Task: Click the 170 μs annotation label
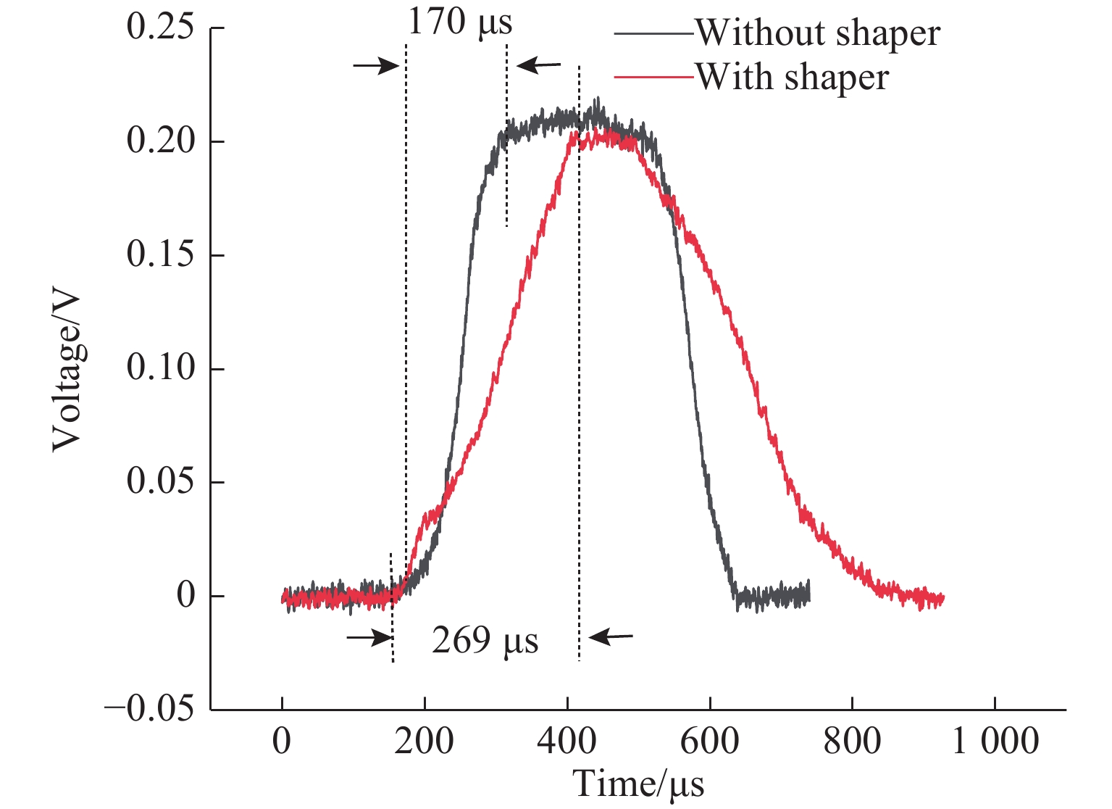point(460,22)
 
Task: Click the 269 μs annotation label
point(485,640)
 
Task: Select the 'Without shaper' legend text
point(818,33)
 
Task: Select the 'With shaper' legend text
point(793,77)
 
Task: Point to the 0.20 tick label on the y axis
point(161,141)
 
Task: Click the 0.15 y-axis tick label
point(161,255)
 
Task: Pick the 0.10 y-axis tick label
point(161,368)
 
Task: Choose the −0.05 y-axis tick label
point(150,709)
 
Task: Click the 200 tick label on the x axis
point(425,742)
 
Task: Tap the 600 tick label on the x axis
point(710,742)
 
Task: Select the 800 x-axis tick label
point(852,742)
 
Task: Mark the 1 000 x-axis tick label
point(995,742)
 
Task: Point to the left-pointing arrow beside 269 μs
point(611,637)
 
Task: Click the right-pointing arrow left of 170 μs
point(376,66)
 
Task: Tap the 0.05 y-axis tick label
point(161,482)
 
